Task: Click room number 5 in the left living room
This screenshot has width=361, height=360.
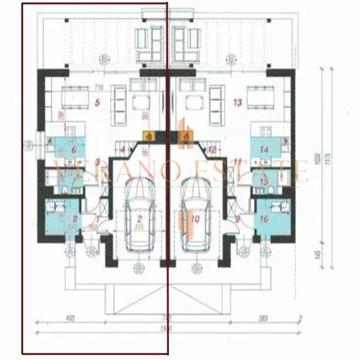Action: point(97,102)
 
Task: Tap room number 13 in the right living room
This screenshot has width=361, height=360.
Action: point(238,102)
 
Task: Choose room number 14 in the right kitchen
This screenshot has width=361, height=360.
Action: point(264,149)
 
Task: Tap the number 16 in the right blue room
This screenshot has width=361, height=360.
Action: point(263,219)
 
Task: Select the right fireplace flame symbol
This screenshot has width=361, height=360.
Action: point(185,135)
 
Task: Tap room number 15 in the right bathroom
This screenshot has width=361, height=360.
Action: point(264,181)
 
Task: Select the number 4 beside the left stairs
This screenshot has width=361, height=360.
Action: point(123,150)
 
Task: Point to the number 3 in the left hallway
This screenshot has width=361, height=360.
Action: point(97,162)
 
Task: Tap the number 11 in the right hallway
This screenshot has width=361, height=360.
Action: point(238,162)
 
